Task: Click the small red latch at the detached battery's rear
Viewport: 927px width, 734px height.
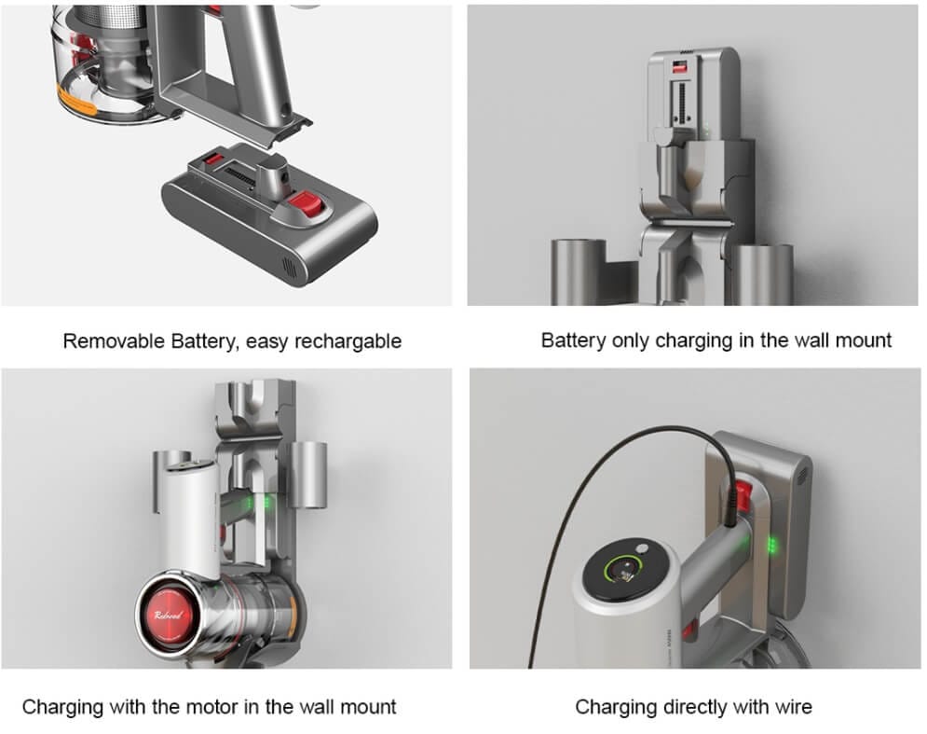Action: pyautogui.click(x=211, y=159)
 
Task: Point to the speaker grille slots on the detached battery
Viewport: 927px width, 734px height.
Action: pyautogui.click(x=290, y=268)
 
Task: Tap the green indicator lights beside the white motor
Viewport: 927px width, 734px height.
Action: pyautogui.click(x=258, y=503)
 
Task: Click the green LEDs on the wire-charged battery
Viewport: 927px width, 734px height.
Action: pyautogui.click(x=771, y=545)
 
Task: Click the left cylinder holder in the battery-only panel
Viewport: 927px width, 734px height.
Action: pyautogui.click(x=579, y=272)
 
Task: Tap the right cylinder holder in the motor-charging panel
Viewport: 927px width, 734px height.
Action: pyautogui.click(x=308, y=475)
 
